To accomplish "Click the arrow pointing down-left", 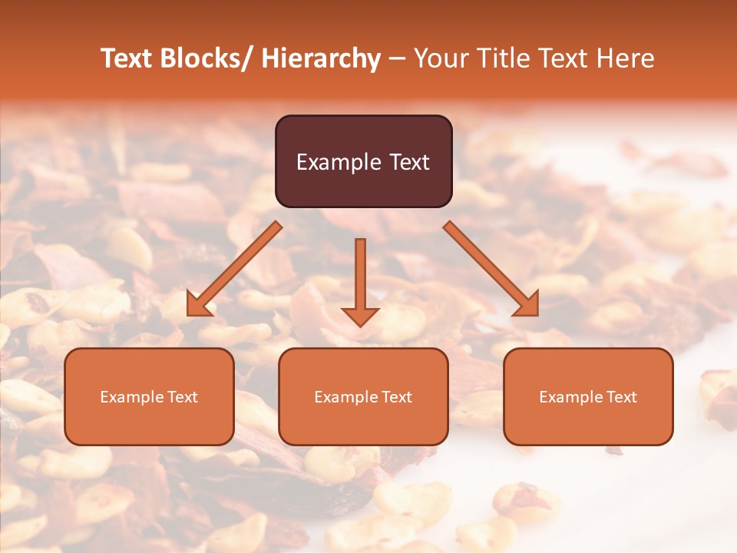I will [234, 269].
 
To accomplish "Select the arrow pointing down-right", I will [491, 269].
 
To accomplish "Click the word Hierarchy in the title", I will [321, 59].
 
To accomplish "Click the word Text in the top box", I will [410, 163].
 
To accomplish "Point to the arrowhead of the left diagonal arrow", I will [197, 305].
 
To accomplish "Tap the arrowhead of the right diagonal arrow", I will [527, 305].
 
